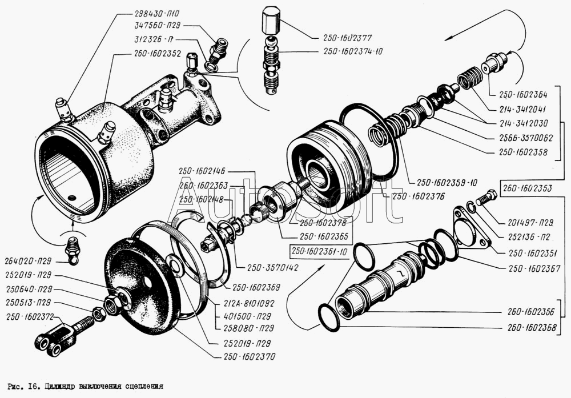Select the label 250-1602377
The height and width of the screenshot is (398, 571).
347,38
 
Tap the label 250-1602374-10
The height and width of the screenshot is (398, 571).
353,51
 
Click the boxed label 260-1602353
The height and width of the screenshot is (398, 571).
527,188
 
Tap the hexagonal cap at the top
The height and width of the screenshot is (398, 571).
271,22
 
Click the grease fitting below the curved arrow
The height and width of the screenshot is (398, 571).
72,251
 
